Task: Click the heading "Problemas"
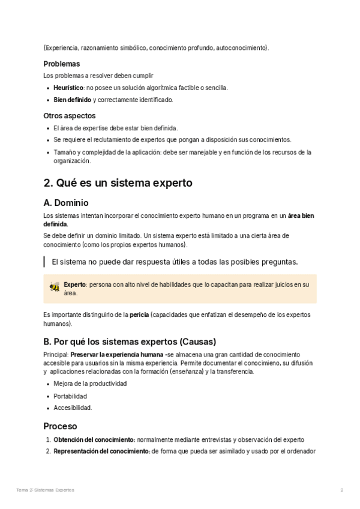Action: (x=62, y=64)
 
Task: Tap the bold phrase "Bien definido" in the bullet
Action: (x=72, y=100)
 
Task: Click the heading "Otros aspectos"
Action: (x=70, y=115)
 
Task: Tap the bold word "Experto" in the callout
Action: (x=75, y=285)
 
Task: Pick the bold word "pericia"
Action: (x=140, y=315)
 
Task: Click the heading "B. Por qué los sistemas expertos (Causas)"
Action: (x=130, y=342)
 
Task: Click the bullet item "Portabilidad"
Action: (x=70, y=396)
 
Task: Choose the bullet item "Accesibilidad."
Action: (x=73, y=408)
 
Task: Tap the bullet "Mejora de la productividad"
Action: (x=90, y=384)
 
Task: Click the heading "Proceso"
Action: (x=60, y=426)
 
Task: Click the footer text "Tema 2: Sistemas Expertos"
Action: (x=46, y=490)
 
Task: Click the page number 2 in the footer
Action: (x=341, y=490)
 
